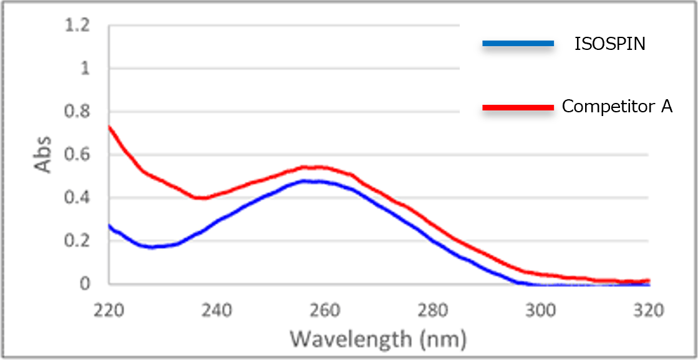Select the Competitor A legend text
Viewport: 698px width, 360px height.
tap(617, 107)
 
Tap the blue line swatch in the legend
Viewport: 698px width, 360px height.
tap(518, 44)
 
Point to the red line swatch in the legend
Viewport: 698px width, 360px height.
tap(518, 108)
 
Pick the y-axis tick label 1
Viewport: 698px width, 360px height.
tap(85, 69)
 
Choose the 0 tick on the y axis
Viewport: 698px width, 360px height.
tap(85, 285)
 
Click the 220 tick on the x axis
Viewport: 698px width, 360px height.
tap(109, 310)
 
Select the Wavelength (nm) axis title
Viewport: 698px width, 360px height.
tap(378, 339)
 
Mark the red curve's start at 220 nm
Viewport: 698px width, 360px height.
tap(110, 127)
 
